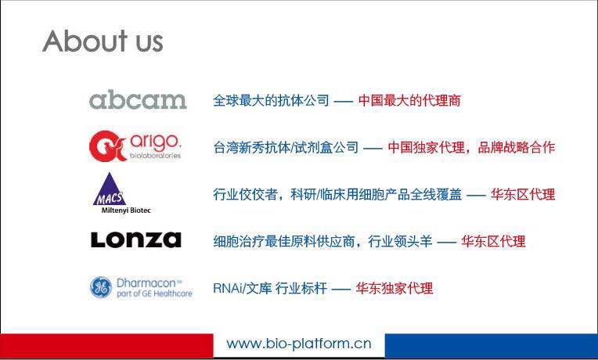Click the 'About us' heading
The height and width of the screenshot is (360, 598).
pos(103,41)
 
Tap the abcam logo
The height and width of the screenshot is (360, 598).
pos(138,100)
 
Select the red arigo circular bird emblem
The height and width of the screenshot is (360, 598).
pos(107,146)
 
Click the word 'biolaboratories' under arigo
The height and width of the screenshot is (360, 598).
pos(155,156)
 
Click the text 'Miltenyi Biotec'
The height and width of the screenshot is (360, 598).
pos(126,210)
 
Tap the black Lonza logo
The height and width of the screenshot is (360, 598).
pos(136,240)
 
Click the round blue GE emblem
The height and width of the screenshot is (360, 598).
pos(101,287)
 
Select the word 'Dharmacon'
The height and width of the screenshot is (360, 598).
pos(146,283)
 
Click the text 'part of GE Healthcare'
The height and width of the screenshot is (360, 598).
pos(154,293)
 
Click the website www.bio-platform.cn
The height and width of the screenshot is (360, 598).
pos(299,344)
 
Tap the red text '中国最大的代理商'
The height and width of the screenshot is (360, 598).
pos(409,101)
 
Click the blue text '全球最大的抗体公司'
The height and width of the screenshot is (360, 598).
pos(271,101)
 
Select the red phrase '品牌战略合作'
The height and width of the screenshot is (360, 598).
pos(517,147)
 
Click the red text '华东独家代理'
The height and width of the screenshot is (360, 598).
pos(394,288)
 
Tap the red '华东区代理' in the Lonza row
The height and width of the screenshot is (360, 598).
pos(493,241)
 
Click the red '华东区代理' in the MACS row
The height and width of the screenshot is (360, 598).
pos(523,195)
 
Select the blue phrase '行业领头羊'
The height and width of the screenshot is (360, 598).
pos(400,241)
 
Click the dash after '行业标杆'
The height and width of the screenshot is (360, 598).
pos(341,289)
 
